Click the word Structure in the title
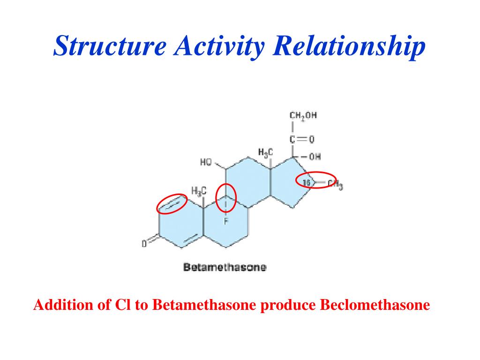[110, 46]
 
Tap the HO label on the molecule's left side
[206, 163]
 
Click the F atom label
[225, 221]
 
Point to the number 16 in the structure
[307, 182]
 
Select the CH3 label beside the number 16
[335, 185]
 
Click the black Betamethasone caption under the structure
[225, 268]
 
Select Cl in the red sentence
[121, 306]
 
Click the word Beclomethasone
[375, 306]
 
